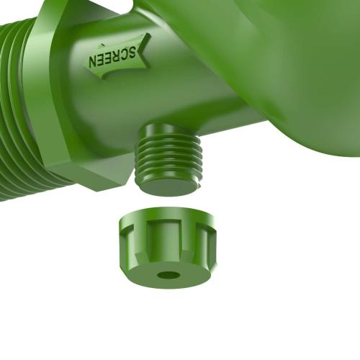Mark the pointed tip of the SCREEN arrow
click(x=82, y=59)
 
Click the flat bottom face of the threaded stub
click(x=168, y=185)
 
